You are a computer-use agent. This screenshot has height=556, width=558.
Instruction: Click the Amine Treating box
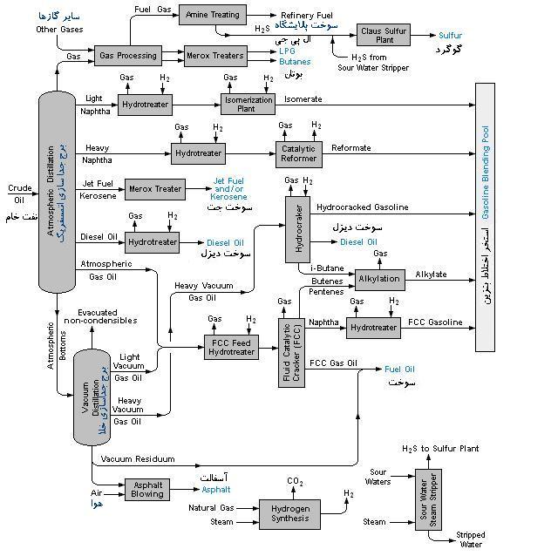(x=212, y=15)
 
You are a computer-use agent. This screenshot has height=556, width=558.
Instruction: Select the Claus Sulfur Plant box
(x=384, y=35)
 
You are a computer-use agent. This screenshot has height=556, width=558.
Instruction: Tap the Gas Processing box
(x=128, y=56)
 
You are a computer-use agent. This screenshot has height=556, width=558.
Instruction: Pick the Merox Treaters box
(x=214, y=56)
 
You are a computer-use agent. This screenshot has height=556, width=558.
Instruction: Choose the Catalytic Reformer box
(x=299, y=153)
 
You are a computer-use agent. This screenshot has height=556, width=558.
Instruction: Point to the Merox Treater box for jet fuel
(x=154, y=188)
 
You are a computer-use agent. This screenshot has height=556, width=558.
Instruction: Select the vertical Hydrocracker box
(x=297, y=229)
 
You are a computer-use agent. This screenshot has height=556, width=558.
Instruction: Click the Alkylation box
(x=379, y=279)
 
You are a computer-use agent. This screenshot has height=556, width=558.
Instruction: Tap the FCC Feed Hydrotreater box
(x=232, y=347)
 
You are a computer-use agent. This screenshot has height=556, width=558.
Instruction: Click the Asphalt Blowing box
(x=146, y=490)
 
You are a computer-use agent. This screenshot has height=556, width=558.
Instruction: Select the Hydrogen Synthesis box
(x=290, y=513)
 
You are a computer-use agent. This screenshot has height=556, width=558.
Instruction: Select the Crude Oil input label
(x=19, y=193)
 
